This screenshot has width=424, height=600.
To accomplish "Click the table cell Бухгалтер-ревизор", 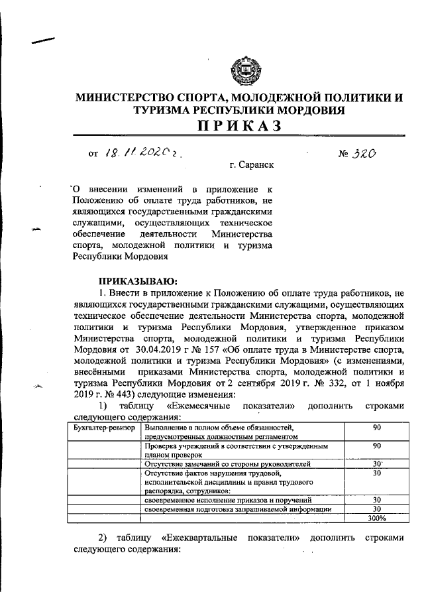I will tap(103, 428).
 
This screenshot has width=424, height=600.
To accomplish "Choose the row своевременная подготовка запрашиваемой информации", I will tap(237, 509).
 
